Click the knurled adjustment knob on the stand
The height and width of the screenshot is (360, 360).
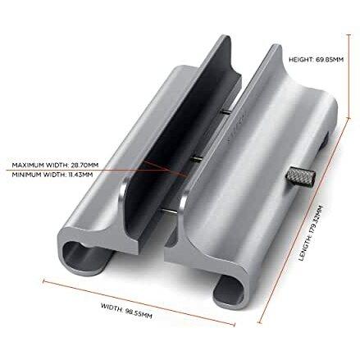[x=301, y=176]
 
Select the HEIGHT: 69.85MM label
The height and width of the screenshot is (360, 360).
[x=316, y=59]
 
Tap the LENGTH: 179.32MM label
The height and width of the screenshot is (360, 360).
[x=311, y=233]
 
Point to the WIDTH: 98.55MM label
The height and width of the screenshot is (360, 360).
[x=126, y=311]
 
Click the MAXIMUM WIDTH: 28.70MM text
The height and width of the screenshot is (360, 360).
[x=55, y=165]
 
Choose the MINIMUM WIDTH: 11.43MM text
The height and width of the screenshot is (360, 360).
[x=52, y=175]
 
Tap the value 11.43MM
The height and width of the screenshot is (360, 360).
[x=80, y=175]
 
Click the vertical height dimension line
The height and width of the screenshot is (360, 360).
[x=349, y=76]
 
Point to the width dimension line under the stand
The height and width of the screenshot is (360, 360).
[x=139, y=303]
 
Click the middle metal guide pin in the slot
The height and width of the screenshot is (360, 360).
[x=196, y=157]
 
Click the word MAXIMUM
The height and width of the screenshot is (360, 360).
[x=27, y=165]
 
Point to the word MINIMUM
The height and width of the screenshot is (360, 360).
[x=25, y=175]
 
